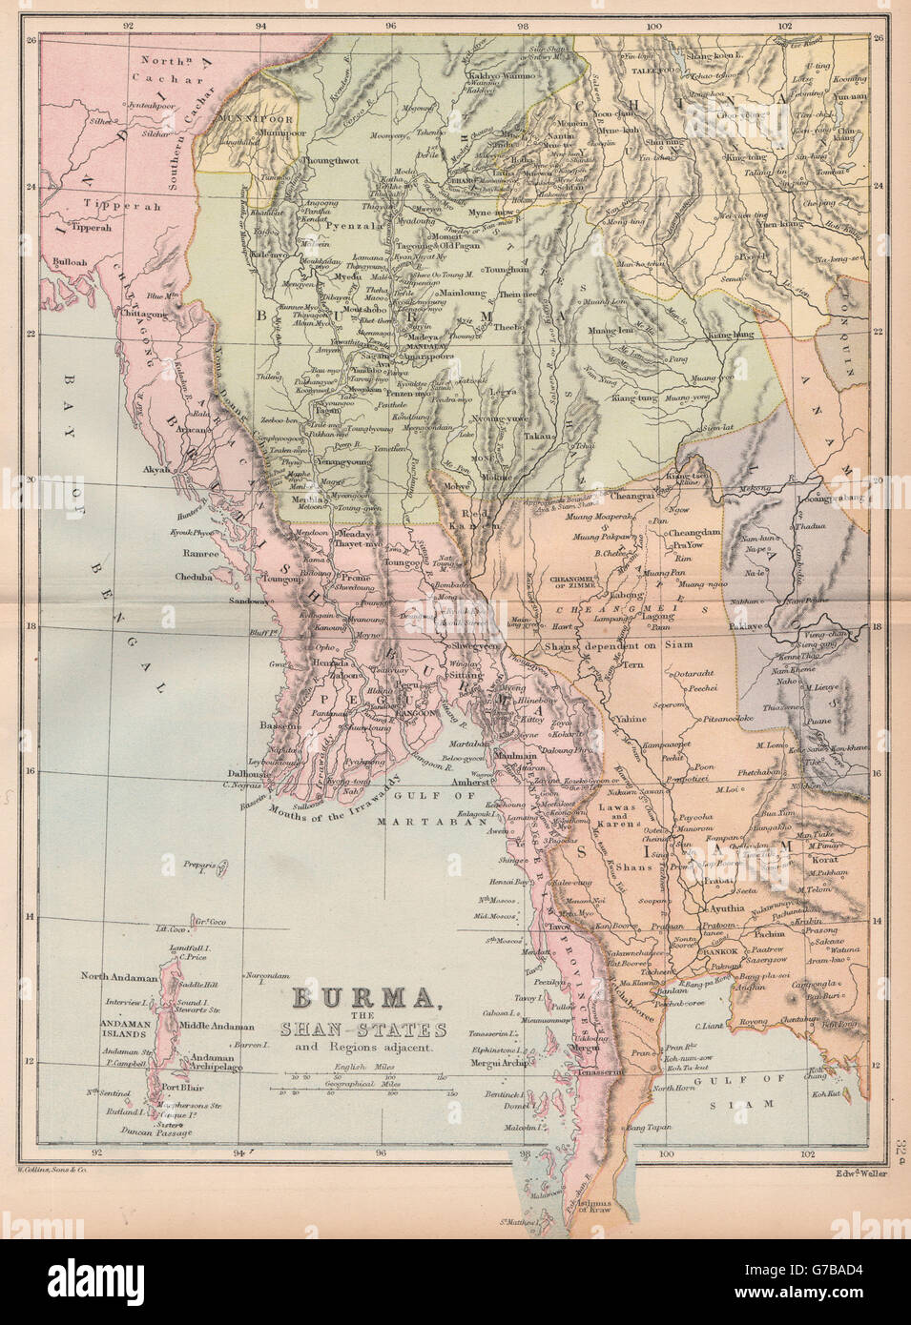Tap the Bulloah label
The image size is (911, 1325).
pos(76,260)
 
